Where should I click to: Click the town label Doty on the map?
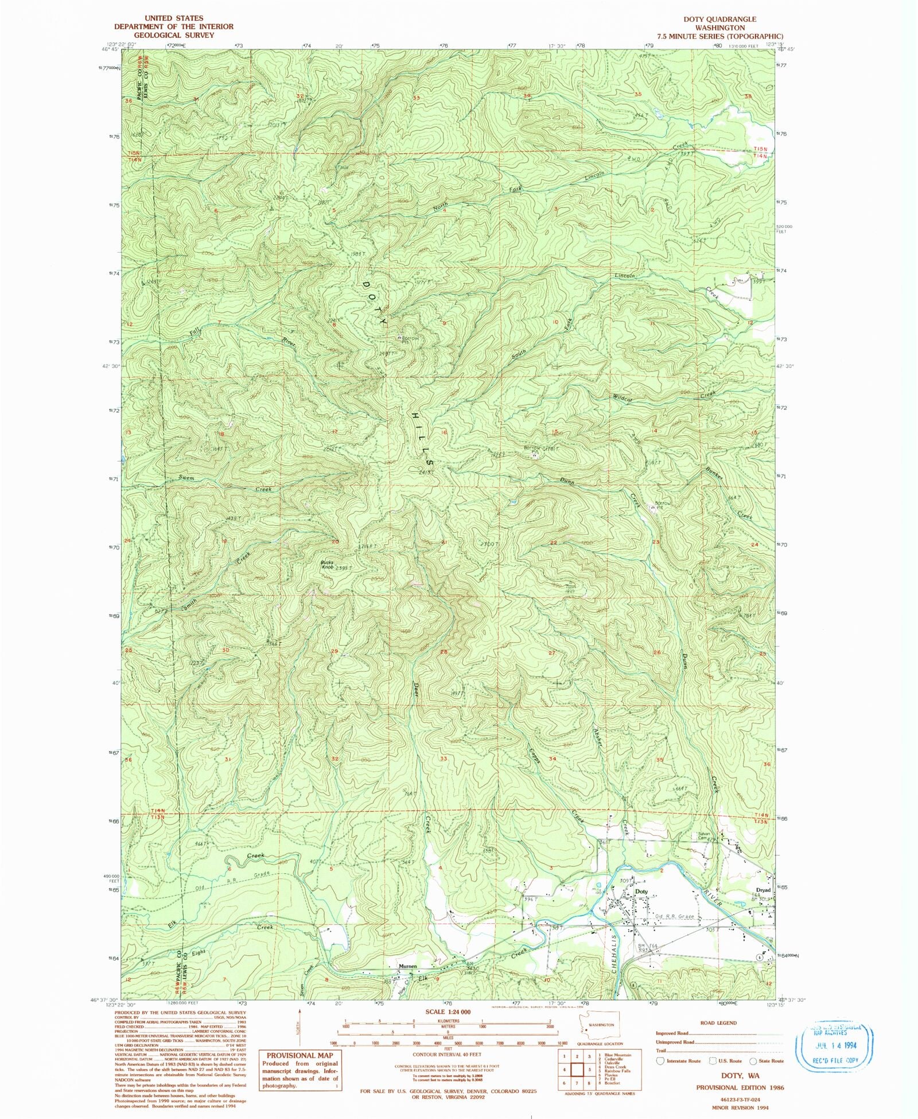click(641, 892)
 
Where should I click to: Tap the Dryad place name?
click(763, 890)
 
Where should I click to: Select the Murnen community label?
click(407, 966)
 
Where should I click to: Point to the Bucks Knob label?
click(327, 564)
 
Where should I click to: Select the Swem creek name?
click(186, 478)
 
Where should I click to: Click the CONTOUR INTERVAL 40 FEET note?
click(448, 1055)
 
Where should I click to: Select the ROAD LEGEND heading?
click(718, 1023)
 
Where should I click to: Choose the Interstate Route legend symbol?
click(660, 1060)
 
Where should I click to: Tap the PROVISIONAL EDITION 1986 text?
click(740, 1087)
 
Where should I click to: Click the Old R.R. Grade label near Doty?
click(674, 916)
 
